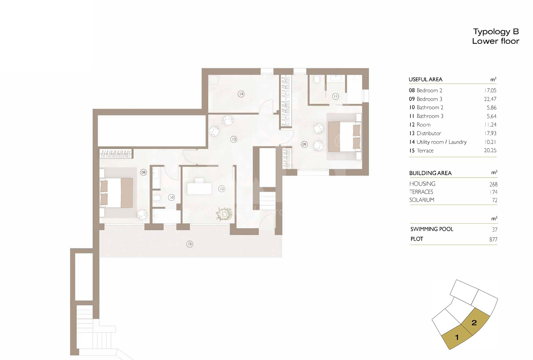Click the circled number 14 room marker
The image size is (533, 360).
pyautogui.click(x=241, y=94)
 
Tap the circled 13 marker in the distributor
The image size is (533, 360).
pyautogui.click(x=234, y=139)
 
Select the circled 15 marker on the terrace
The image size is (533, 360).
pyautogui.click(x=190, y=244)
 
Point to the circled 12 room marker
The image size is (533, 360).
pyautogui.click(x=221, y=188)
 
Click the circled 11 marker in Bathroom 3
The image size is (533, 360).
pyautogui.click(x=336, y=96)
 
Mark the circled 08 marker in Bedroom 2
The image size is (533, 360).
pyautogui.click(x=144, y=172)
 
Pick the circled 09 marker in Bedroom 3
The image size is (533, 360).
pyautogui.click(x=304, y=144)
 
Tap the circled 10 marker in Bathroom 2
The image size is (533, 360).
pyautogui.click(x=171, y=197)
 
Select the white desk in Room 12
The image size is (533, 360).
pyautogui.click(x=199, y=188)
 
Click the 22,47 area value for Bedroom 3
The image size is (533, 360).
pyautogui.click(x=490, y=99)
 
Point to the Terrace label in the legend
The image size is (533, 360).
pyautogui.click(x=425, y=151)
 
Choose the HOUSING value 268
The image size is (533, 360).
pyautogui.click(x=493, y=184)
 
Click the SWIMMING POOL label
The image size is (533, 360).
pyautogui.click(x=432, y=229)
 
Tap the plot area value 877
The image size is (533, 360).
pyautogui.click(x=493, y=239)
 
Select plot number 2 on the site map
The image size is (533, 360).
pyautogui.click(x=474, y=322)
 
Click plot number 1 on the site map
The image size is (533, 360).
pyautogui.click(x=457, y=337)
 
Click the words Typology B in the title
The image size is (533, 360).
pyautogui.click(x=496, y=32)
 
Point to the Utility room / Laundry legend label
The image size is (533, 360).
pyautogui.click(x=442, y=142)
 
